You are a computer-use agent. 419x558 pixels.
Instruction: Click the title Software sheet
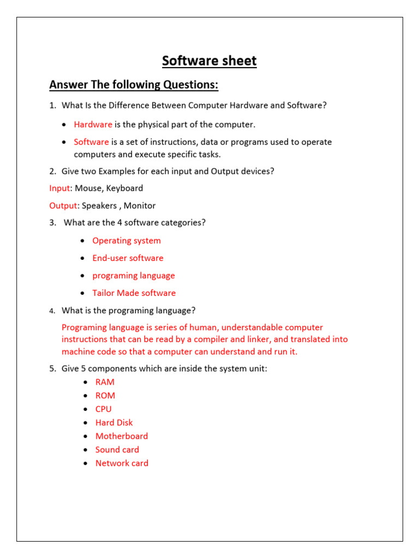(x=209, y=61)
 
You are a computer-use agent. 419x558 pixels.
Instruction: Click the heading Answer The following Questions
(x=134, y=85)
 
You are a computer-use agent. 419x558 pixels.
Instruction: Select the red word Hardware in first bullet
(x=93, y=125)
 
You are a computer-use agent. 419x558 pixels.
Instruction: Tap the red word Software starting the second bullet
(x=91, y=142)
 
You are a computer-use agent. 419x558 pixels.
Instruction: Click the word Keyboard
(x=124, y=189)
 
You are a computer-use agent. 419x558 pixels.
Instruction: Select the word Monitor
(x=140, y=206)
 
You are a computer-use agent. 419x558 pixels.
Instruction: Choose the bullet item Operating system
(x=127, y=241)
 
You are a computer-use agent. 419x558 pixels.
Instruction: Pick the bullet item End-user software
(x=128, y=258)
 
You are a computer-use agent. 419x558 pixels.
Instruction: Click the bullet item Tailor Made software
(x=134, y=293)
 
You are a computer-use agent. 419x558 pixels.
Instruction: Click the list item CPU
(x=103, y=409)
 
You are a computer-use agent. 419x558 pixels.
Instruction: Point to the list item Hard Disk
(x=114, y=423)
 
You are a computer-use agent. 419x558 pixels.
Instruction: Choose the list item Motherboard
(x=122, y=436)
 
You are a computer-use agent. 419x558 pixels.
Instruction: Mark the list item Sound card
(x=117, y=450)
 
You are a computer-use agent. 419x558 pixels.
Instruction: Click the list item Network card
(x=122, y=464)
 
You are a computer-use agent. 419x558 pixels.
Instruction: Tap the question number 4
(x=52, y=311)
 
